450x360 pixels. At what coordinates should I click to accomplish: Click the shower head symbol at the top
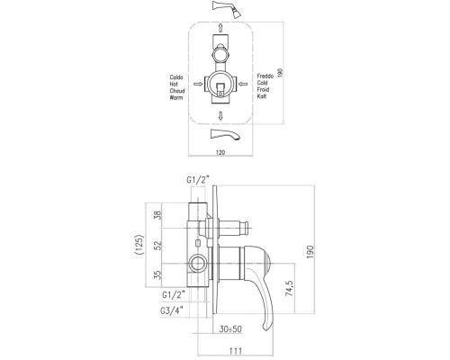(x=226, y=9)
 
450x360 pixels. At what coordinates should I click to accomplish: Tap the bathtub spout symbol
(x=226, y=134)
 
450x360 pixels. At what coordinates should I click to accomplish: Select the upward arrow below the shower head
(x=220, y=28)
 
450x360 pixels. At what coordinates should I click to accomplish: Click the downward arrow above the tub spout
(x=220, y=116)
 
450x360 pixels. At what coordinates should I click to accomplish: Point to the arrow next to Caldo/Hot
(x=198, y=84)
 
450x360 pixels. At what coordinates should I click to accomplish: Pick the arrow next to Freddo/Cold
(x=243, y=84)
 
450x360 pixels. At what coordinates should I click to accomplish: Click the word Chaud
(x=177, y=91)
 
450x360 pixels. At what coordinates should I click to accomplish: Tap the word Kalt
(x=262, y=96)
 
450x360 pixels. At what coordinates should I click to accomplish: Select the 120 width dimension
(x=220, y=152)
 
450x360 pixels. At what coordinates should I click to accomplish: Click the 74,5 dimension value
(x=289, y=289)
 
